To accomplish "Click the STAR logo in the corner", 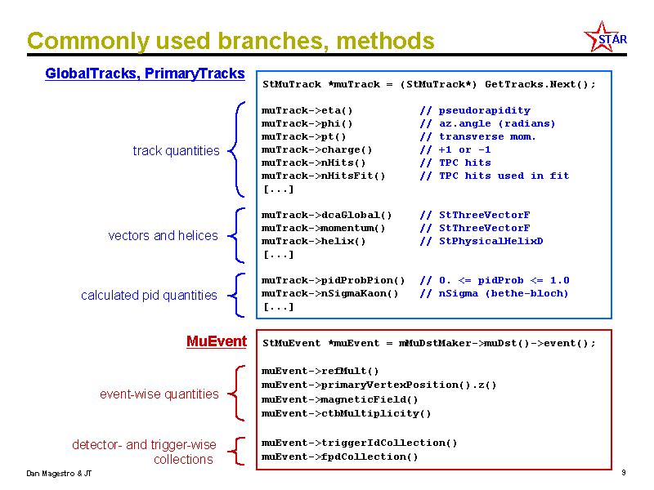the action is click(606, 38).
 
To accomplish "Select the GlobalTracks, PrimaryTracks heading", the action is click(145, 73).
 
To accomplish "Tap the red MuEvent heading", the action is click(217, 341).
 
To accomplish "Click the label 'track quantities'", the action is click(176, 150).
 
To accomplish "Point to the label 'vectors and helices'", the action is click(163, 235).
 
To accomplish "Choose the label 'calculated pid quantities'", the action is click(149, 295).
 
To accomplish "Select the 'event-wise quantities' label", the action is click(159, 394).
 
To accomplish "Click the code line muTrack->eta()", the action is click(307, 110).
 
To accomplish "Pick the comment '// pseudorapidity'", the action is click(475, 110).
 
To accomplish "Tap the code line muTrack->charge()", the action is click(316, 149).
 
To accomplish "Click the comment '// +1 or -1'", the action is click(455, 149).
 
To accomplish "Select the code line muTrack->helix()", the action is click(313, 241).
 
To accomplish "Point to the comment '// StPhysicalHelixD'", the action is click(482, 241).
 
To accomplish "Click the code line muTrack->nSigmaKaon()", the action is click(330, 293).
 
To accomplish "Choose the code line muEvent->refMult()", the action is click(320, 371).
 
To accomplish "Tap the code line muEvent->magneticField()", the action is click(339, 399).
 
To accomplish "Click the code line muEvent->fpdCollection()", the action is click(339, 457).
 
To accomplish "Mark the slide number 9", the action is click(624, 473).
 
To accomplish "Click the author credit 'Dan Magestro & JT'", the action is click(59, 474).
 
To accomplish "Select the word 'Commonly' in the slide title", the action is click(88, 42).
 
